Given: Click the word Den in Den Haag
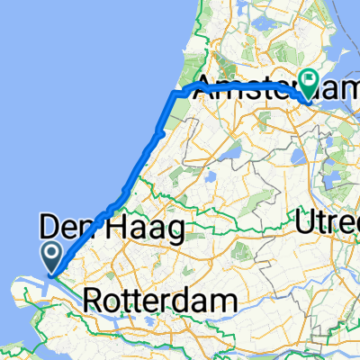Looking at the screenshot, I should [x=73, y=223].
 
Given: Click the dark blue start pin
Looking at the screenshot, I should [x=50, y=256].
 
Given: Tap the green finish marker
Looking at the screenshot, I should [x=310, y=83].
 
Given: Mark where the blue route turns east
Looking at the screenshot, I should [x=174, y=93].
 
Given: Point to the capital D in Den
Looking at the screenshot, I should [x=50, y=223].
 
